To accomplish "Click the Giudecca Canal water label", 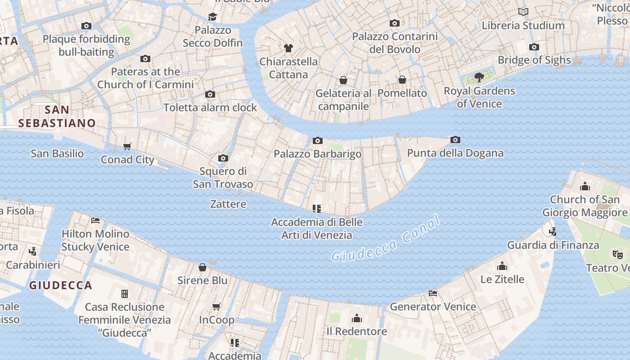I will click(385, 239).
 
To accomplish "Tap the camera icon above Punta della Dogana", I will click(455, 140).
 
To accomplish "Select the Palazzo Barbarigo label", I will click(317, 154).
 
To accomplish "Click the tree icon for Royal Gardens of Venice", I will click(479, 77).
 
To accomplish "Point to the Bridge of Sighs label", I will click(534, 60).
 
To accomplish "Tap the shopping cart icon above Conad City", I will click(127, 146).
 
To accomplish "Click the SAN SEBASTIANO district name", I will click(57, 116).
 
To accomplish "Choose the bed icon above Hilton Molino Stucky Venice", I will click(95, 220).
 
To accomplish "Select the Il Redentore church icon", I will click(357, 319).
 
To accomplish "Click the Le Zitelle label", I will click(502, 279).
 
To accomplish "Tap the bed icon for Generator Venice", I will click(433, 293).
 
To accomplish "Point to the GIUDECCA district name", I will click(61, 285).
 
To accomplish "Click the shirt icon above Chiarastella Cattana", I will click(288, 48).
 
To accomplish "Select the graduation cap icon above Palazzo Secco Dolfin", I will click(212, 17).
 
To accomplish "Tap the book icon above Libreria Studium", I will click(523, 12).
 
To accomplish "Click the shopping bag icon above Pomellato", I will click(402, 80).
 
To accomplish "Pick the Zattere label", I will click(228, 204).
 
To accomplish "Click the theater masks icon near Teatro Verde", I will click(618, 255).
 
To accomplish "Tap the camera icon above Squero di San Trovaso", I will click(223, 158).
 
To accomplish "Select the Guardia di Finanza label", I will click(553, 245).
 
